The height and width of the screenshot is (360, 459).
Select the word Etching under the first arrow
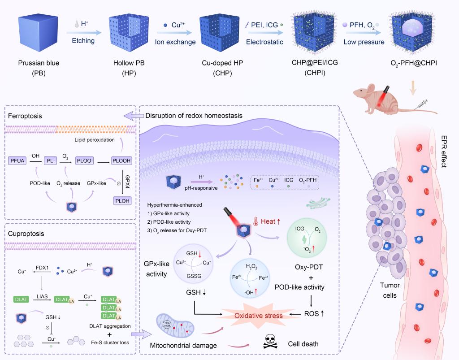83,41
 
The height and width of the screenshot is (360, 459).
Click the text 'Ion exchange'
175,42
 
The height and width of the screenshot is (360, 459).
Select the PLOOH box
123,160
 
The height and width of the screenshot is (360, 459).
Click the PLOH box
123,200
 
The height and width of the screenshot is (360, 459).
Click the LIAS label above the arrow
42,291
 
